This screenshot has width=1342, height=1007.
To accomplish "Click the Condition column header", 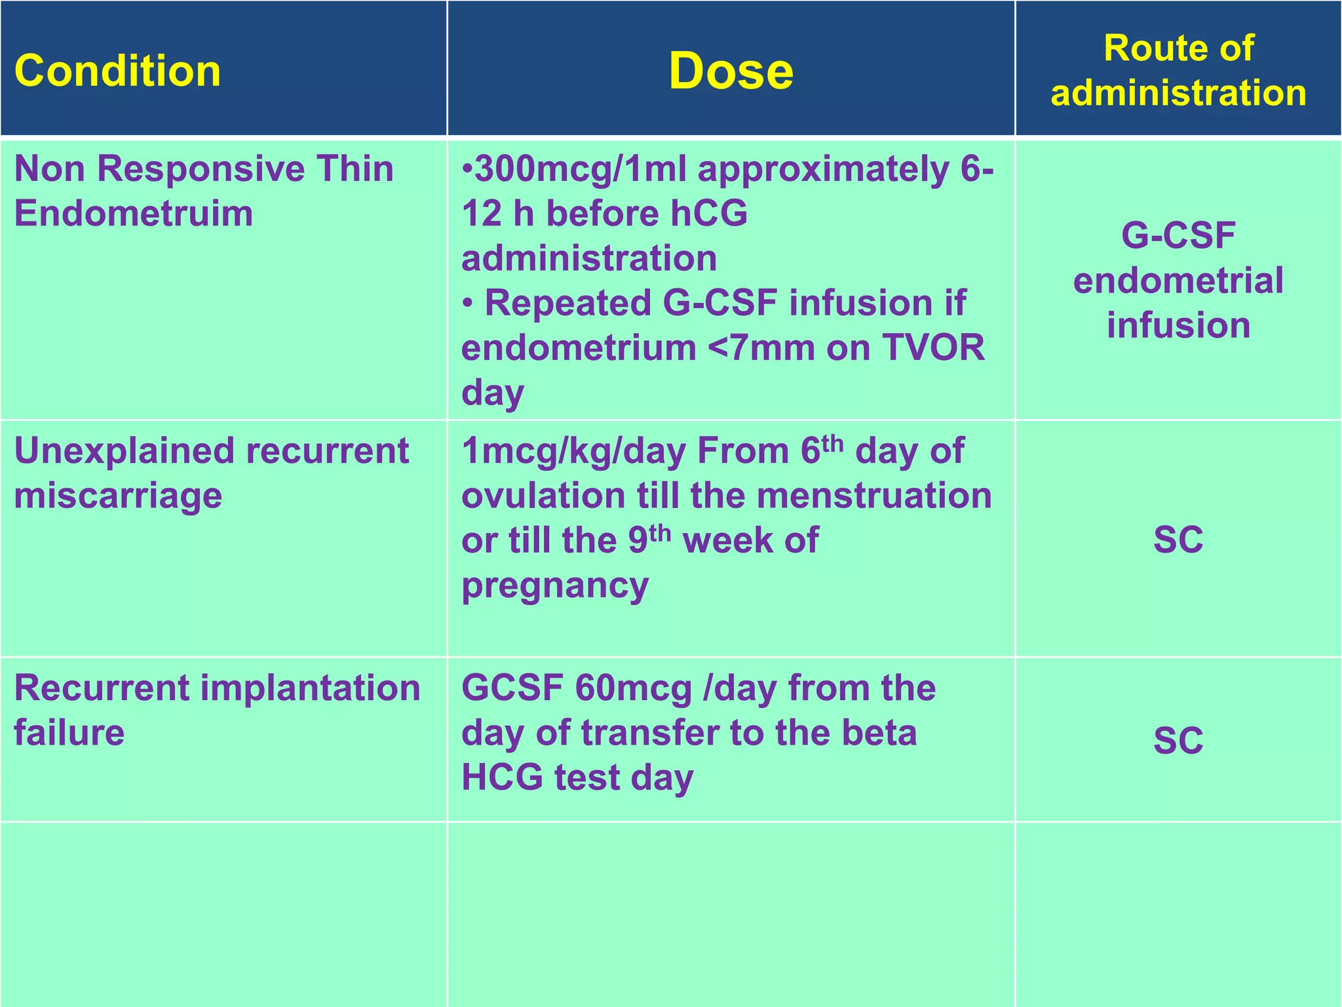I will [117, 71].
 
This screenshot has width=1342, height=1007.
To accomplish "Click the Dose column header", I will [731, 71].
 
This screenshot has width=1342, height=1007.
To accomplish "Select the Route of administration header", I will [1178, 70].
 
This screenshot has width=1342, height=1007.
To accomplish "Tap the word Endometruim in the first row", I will [134, 214].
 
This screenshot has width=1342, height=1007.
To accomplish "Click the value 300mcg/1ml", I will [579, 169].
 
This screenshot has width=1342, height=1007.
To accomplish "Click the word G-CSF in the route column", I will [1178, 235].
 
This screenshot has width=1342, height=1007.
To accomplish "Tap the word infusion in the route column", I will [1178, 325].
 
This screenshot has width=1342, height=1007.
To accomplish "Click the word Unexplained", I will [124, 451].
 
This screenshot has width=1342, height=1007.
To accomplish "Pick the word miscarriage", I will [118, 496].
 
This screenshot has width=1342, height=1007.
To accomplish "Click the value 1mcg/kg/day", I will [573, 451].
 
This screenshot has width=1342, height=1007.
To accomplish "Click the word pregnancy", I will [555, 585].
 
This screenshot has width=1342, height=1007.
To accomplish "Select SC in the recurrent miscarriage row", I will [1178, 540].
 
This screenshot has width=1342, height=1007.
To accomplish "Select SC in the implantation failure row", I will [1178, 740].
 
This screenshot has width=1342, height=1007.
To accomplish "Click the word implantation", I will [310, 688].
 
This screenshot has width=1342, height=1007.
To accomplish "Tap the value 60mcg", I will [634, 688].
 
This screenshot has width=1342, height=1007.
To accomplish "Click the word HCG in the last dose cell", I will [502, 778].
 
